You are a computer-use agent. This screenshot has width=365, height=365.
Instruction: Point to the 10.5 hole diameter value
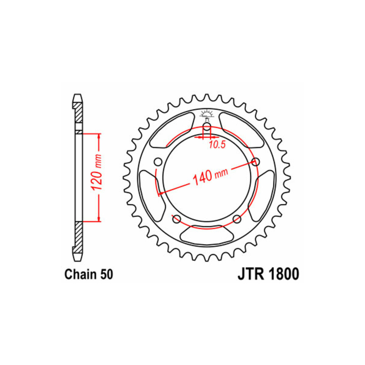coord(217,145)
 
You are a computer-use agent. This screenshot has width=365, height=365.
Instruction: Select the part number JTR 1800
coord(268,274)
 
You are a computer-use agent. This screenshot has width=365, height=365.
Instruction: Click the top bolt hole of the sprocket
coord(207,127)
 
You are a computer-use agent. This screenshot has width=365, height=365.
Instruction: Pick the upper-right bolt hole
coord(255,162)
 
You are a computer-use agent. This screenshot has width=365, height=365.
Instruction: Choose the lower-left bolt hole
coord(177,219)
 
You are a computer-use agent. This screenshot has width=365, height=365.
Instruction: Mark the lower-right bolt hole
coord(237,219)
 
